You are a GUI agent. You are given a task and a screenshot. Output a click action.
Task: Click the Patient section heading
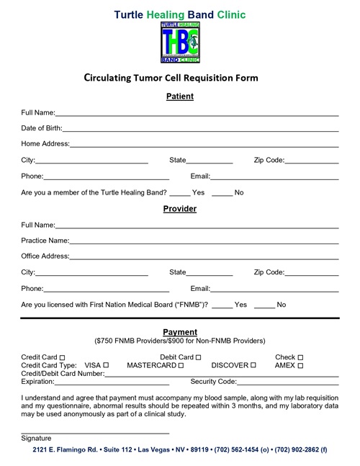click(x=179, y=97)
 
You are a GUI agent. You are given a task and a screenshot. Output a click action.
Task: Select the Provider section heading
click(x=179, y=209)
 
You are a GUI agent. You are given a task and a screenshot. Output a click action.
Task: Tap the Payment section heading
click(x=179, y=332)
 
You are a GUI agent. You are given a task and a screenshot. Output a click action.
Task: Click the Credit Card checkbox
click(x=63, y=358)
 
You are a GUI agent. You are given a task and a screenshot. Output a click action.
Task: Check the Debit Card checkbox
click(x=198, y=358)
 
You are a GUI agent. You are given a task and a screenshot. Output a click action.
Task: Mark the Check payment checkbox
click(x=300, y=358)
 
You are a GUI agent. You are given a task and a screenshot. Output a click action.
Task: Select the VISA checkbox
click(x=106, y=366)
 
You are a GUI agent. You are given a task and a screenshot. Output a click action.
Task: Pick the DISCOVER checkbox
click(x=253, y=366)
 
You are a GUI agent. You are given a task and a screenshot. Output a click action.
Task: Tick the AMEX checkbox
click(x=300, y=366)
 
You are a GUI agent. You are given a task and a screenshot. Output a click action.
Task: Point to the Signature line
click(x=95, y=432)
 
